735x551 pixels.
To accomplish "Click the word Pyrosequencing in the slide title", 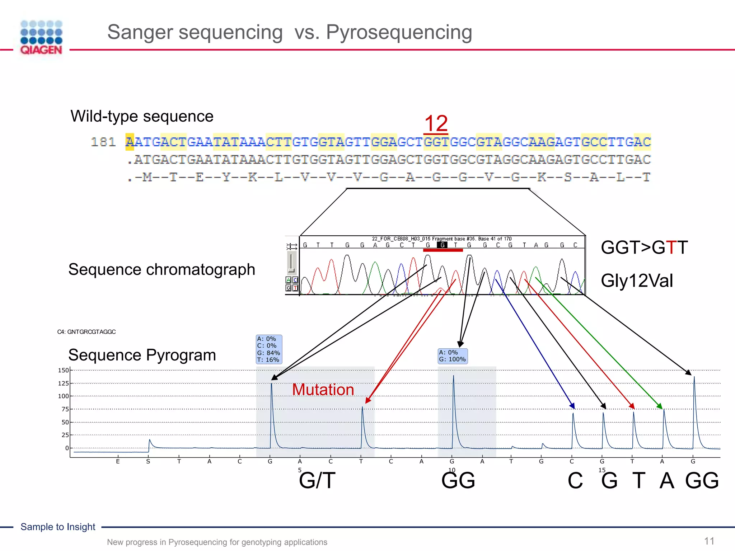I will tap(399, 32).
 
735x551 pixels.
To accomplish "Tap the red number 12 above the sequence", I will tap(436, 123).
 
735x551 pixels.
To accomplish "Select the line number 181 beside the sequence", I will tap(103, 142).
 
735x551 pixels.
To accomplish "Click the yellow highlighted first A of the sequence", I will tap(130, 142).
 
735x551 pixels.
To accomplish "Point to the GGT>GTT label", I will tap(644, 248).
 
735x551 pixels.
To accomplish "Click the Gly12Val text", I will tap(637, 281).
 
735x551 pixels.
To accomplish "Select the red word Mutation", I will tap(323, 390).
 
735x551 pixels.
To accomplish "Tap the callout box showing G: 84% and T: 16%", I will tap(269, 349).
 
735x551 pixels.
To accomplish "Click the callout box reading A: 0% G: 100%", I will tap(453, 356).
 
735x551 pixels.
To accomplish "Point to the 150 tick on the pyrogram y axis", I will tap(63, 370).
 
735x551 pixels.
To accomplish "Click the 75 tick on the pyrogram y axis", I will tap(65, 409).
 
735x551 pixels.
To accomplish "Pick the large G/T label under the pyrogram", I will tap(317, 481).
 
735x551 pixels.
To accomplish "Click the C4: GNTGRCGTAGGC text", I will tap(86, 332).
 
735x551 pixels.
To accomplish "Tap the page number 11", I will tap(709, 541).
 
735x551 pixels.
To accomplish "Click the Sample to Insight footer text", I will tap(58, 527).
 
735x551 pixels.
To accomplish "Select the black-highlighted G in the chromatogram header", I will tap(443, 245).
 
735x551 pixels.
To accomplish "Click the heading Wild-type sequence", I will tap(142, 116).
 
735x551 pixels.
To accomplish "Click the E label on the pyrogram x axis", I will tap(118, 461).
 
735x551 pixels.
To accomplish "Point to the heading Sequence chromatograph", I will tap(161, 269).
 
